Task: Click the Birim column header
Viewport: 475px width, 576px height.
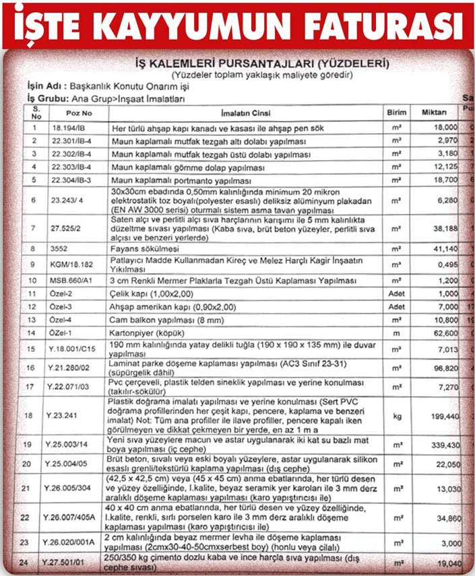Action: (397, 113)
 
